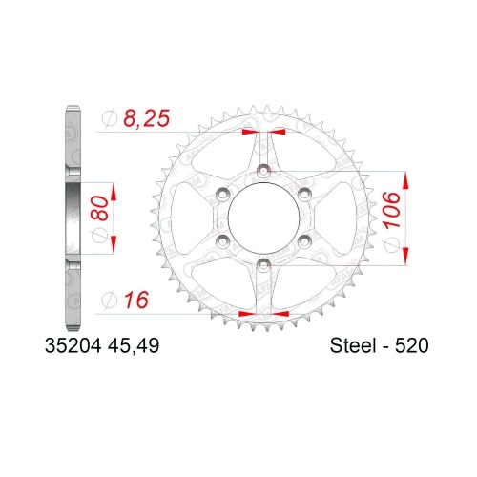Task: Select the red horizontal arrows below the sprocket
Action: tap(261, 311)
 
